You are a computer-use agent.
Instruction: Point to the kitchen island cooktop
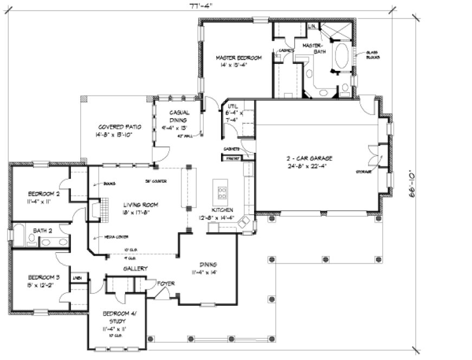(x=222, y=190)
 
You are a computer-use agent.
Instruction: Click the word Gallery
(x=135, y=268)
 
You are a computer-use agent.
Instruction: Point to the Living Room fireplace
(x=95, y=209)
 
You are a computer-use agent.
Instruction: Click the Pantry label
(x=233, y=158)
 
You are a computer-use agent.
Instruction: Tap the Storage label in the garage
(x=363, y=171)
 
